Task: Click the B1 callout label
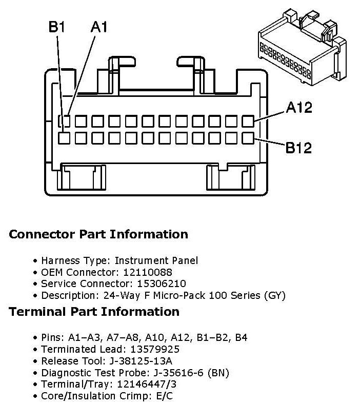coord(56,27)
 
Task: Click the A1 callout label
coord(99,27)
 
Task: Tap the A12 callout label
coord(299,108)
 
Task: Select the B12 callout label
coord(299,148)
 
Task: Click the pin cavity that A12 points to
coord(248,121)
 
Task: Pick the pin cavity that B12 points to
coord(248,138)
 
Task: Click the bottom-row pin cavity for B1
coord(64,138)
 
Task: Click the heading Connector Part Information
coord(98,235)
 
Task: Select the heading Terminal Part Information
coord(94,312)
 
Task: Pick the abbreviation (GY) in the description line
coord(274,295)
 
